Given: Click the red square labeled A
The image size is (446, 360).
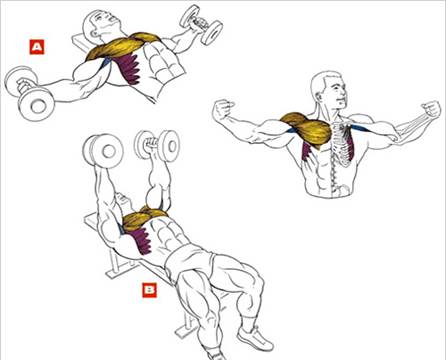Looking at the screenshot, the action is click(x=37, y=47).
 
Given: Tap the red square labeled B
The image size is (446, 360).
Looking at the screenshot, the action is click(x=149, y=290).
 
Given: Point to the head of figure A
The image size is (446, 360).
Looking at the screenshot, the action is click(x=100, y=23).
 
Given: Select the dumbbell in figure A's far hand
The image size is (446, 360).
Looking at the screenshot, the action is click(x=201, y=24).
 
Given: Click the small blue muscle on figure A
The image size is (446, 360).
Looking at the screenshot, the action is click(x=106, y=62).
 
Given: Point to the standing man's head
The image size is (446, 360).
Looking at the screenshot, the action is click(x=328, y=91).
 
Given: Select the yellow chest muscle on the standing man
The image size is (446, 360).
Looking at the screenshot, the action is click(x=307, y=129).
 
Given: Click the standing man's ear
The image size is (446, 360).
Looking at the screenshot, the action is click(x=318, y=94).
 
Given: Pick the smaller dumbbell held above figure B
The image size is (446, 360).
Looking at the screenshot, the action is click(x=157, y=146).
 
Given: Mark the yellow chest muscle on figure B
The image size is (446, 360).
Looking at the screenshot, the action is click(x=144, y=218).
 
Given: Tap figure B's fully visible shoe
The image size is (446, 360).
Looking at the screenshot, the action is click(x=255, y=337).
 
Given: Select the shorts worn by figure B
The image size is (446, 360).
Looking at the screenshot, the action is click(x=190, y=260).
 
